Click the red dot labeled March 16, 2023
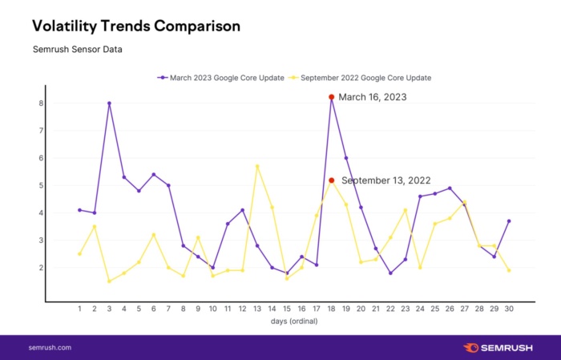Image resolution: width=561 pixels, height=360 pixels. point(331,97)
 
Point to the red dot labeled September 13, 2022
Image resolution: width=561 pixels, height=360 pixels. point(331,180)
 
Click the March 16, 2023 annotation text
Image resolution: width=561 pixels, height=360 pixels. point(373,97)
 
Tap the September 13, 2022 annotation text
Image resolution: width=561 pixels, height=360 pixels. point(387,180)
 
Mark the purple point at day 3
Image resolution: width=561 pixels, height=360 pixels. point(109,103)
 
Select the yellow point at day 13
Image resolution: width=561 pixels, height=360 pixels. point(257,166)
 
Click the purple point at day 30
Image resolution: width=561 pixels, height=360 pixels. point(509,221)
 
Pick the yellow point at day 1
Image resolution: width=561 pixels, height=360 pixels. point(79,253)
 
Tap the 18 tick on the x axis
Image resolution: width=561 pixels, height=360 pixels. point(331,308)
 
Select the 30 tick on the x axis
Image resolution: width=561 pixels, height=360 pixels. point(509,308)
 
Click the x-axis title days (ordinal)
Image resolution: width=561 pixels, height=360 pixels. point(293,321)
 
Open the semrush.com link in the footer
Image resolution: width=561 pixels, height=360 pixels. point(50,348)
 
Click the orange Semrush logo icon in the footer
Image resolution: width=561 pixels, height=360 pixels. point(471,348)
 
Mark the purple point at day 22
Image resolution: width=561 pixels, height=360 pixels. point(390,273)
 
